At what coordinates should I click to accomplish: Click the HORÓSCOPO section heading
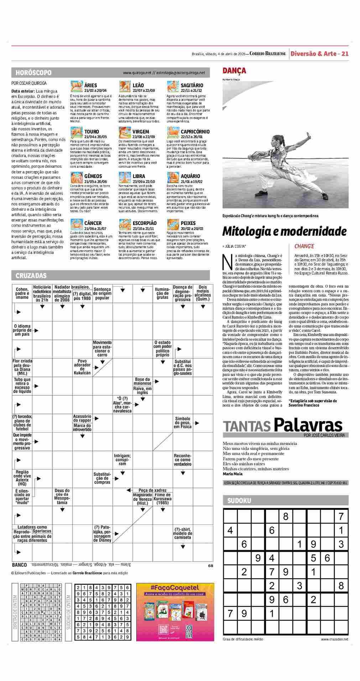[33, 73]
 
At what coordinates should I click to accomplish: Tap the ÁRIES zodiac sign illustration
[76, 87]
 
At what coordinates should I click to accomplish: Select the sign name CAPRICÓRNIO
[195, 132]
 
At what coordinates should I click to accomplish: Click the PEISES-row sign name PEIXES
[188, 223]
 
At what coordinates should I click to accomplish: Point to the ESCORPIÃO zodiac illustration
[124, 225]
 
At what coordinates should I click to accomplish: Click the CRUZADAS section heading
[31, 276]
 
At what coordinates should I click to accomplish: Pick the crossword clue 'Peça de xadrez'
[152, 490]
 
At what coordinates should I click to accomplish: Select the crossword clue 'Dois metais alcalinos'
[203, 293]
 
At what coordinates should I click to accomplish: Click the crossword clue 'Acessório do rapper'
[82, 418]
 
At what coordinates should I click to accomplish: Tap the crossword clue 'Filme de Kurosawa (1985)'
[163, 499]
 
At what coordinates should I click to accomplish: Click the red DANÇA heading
[234, 70]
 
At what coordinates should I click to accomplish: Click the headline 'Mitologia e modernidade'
[284, 231]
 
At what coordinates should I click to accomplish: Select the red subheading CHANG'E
[304, 246]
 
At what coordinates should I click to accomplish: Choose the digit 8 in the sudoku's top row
[285, 516]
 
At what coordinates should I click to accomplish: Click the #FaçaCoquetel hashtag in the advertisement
[175, 587]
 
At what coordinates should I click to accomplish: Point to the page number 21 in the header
[345, 54]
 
